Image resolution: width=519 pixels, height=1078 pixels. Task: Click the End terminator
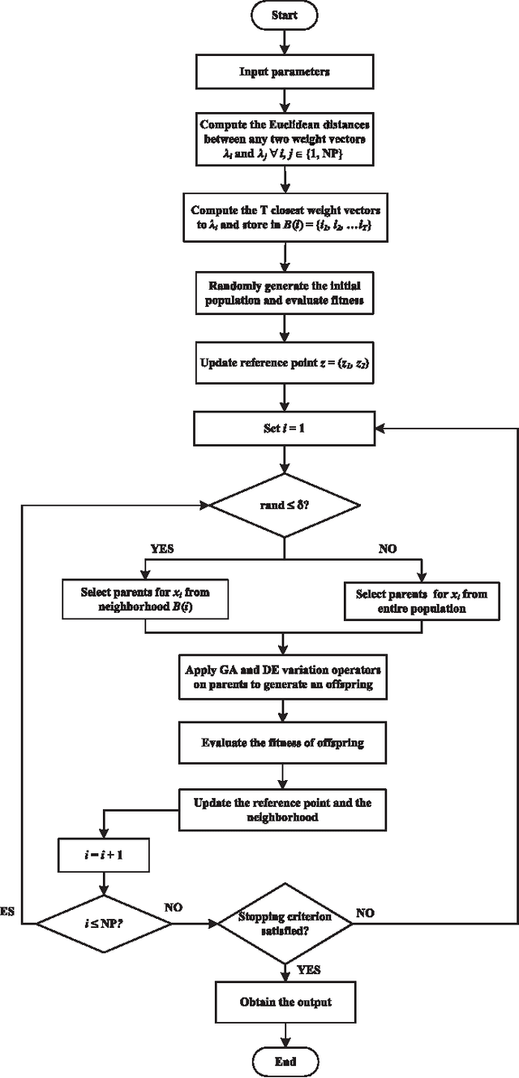(x=285, y=1061)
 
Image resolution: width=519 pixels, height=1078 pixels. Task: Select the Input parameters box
(x=284, y=71)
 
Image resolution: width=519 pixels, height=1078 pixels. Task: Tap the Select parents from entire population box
(x=422, y=600)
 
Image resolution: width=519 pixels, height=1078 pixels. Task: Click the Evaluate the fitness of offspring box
(x=284, y=741)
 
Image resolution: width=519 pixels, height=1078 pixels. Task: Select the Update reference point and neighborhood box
(x=284, y=809)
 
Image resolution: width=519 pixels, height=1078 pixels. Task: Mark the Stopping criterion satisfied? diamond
(x=284, y=923)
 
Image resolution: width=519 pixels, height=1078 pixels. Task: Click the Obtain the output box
(x=284, y=1002)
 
